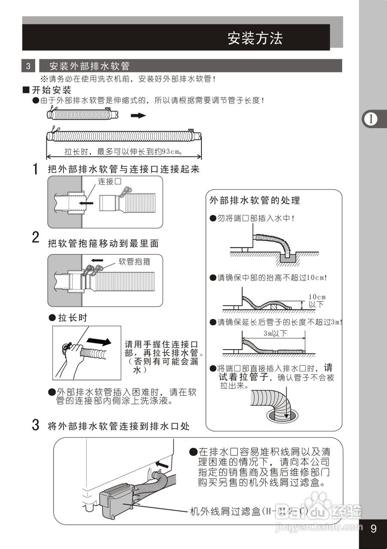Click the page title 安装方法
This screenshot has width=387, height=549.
(x=255, y=39)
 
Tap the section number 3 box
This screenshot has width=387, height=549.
(x=28, y=66)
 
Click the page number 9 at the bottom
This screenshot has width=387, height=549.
(x=373, y=528)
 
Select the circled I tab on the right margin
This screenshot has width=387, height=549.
(x=371, y=119)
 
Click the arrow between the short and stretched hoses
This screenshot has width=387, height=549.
(x=138, y=115)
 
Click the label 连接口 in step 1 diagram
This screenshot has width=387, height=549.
(x=109, y=181)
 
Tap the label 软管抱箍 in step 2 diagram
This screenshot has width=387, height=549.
(x=135, y=260)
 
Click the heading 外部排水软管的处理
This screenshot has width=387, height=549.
(x=255, y=200)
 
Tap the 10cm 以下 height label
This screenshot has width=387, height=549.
(x=317, y=301)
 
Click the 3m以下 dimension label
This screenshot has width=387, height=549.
(x=275, y=334)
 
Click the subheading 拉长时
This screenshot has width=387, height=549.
(x=72, y=318)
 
